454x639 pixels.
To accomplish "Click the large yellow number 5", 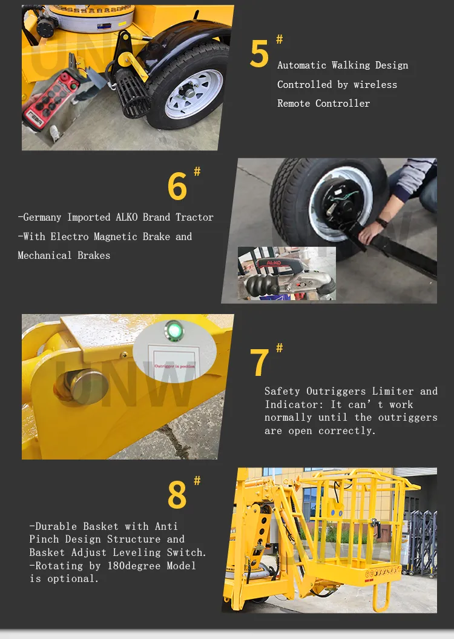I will pos(259,55).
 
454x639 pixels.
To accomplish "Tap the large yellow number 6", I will pos(177,187).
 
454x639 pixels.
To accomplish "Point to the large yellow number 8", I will pos(177,495).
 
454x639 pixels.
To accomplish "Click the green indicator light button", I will pos(174,331).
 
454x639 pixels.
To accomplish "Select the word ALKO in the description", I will pos(128,217).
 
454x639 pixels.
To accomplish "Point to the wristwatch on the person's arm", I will pos(382,222).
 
